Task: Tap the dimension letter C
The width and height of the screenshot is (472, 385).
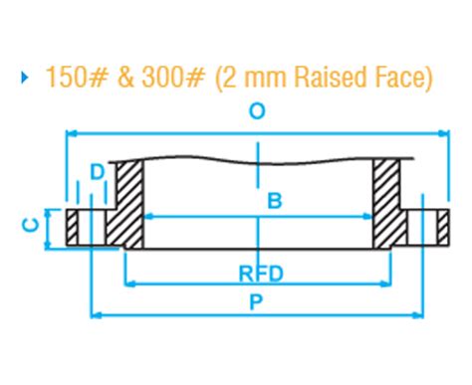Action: pyautogui.click(x=29, y=226)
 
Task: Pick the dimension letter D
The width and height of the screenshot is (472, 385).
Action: pyautogui.click(x=97, y=172)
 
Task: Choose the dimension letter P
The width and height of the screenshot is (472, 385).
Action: pyautogui.click(x=256, y=305)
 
